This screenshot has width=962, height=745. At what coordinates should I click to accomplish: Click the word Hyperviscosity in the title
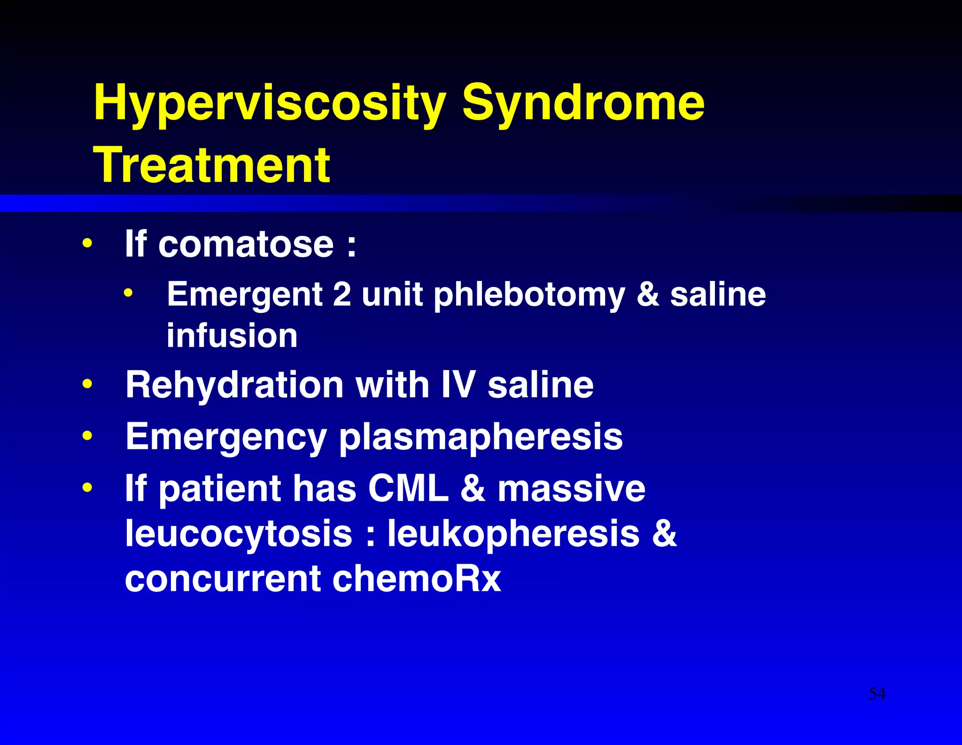point(269,103)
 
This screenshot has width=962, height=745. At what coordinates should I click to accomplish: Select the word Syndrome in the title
point(583,103)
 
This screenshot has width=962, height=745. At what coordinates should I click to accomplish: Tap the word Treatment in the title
point(212,165)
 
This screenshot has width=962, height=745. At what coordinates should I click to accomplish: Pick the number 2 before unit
point(342,294)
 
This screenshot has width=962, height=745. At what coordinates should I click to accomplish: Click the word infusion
point(232,335)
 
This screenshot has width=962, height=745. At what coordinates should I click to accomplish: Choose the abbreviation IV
point(458,385)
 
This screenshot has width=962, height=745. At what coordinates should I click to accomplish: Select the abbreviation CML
point(408,489)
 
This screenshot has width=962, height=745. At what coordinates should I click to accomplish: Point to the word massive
point(571,489)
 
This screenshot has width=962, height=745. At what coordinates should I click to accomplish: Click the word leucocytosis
point(239,534)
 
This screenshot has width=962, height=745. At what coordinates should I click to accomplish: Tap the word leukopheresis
point(513,534)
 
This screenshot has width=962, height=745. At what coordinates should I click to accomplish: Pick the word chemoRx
point(417,578)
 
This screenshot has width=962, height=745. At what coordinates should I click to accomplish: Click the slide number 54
point(877,693)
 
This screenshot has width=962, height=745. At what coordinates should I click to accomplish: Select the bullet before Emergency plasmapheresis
point(87,436)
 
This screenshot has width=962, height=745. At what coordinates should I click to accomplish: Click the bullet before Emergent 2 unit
point(128,294)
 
